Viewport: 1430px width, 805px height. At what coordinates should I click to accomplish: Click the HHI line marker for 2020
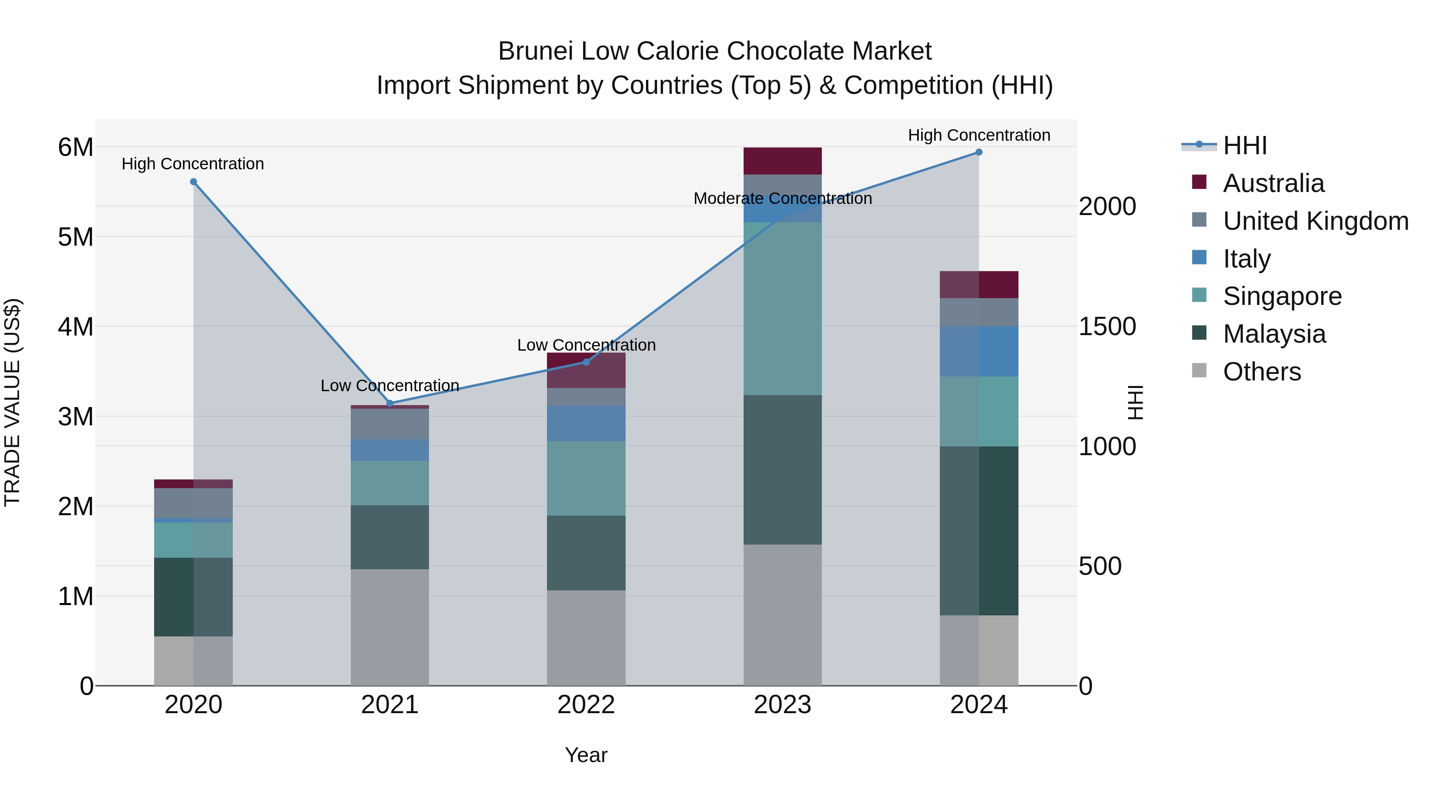click(193, 182)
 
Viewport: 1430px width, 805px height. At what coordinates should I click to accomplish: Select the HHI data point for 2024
click(979, 152)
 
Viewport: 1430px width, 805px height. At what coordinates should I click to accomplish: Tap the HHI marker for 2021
click(390, 403)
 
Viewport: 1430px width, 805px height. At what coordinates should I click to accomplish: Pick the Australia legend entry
click(1273, 183)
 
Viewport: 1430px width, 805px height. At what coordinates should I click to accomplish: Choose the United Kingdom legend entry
click(1315, 221)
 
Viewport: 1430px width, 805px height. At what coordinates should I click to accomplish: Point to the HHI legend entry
click(1244, 145)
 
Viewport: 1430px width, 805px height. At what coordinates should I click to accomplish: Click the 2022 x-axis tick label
click(586, 705)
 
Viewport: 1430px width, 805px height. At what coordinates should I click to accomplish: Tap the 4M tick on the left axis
click(76, 327)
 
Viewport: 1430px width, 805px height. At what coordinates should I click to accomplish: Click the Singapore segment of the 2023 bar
click(782, 308)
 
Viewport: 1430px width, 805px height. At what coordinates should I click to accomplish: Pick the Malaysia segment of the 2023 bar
click(782, 469)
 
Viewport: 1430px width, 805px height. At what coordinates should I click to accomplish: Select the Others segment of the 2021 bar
click(390, 627)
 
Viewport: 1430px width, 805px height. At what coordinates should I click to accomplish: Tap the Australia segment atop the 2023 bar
click(782, 161)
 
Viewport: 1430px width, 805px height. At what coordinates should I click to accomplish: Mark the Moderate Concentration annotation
click(782, 198)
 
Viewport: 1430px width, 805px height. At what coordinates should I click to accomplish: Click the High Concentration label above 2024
click(979, 135)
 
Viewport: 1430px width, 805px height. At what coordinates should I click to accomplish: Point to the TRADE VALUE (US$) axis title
click(12, 402)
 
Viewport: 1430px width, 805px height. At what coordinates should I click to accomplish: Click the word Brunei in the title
click(536, 51)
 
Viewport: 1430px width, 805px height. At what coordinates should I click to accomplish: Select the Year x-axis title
click(586, 755)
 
